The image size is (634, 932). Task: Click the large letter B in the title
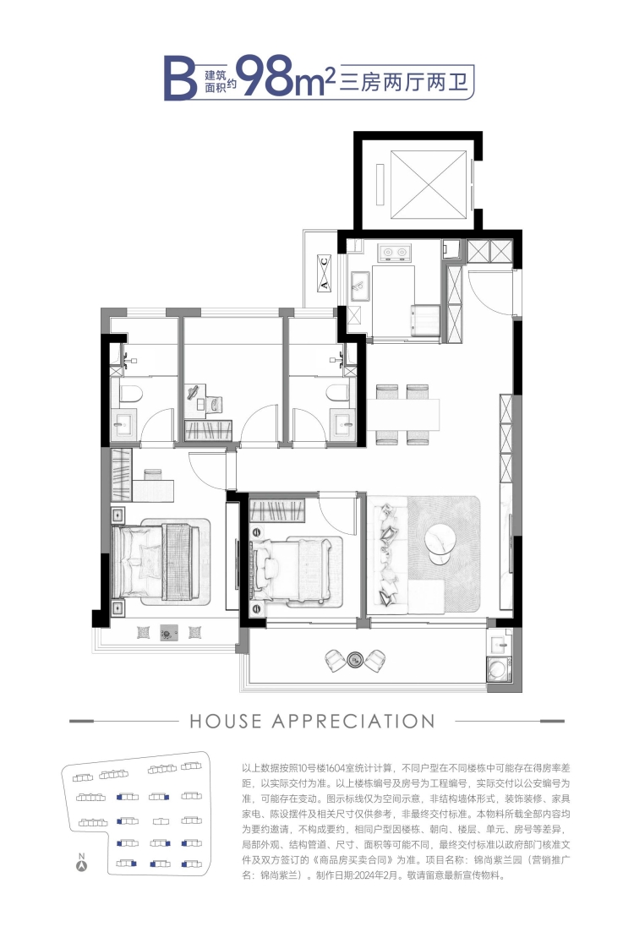click(x=180, y=77)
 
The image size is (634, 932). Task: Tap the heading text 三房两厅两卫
click(x=404, y=81)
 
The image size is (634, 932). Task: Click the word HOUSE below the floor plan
click(x=226, y=721)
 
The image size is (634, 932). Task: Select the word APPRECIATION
click(x=353, y=721)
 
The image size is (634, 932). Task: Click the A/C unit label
click(x=324, y=274)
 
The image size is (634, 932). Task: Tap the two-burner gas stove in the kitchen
click(x=395, y=253)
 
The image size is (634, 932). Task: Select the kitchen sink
click(x=360, y=287)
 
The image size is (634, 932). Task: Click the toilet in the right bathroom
click(x=337, y=394)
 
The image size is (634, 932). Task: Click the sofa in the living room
click(x=388, y=556)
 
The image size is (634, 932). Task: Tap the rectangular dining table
click(x=403, y=414)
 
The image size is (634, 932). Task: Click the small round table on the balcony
click(x=355, y=658)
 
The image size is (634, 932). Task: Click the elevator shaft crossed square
click(x=429, y=185)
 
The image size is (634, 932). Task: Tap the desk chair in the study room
click(x=216, y=404)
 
